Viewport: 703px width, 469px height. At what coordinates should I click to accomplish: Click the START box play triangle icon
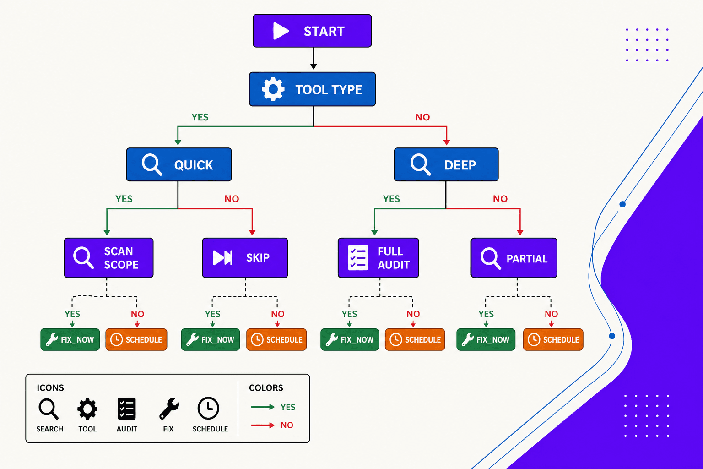(281, 31)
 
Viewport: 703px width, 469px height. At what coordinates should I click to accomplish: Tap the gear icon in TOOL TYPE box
(273, 89)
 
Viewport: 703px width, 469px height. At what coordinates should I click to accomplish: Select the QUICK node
(179, 164)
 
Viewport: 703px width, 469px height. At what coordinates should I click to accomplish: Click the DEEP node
(446, 164)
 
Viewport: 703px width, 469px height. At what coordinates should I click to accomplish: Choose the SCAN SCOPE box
(108, 258)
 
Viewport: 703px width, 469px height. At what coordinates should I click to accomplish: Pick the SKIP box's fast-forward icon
(222, 258)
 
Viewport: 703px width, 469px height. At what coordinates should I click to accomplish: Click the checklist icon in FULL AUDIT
(358, 258)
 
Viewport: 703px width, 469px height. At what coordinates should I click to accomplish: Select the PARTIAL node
(514, 258)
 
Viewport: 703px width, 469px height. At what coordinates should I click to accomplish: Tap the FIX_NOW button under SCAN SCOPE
(70, 339)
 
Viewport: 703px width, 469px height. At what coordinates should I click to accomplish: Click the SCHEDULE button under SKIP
(276, 339)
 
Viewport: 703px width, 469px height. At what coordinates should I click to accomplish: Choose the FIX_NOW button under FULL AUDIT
(350, 339)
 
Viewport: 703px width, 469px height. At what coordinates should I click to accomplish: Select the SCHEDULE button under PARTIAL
(553, 339)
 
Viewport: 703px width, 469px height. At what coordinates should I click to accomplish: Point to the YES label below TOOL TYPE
(200, 117)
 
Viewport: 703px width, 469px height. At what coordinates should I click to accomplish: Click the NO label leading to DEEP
(422, 117)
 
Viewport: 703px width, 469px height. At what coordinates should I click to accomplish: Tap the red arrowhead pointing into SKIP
(252, 233)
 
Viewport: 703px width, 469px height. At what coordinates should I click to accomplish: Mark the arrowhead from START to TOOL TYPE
(314, 67)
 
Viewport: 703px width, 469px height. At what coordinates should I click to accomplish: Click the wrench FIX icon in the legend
(169, 409)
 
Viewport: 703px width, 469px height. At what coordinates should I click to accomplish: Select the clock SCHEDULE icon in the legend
(208, 408)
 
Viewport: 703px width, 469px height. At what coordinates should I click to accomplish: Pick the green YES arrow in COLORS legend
(263, 407)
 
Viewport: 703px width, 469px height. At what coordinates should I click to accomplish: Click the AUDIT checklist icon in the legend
(127, 409)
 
